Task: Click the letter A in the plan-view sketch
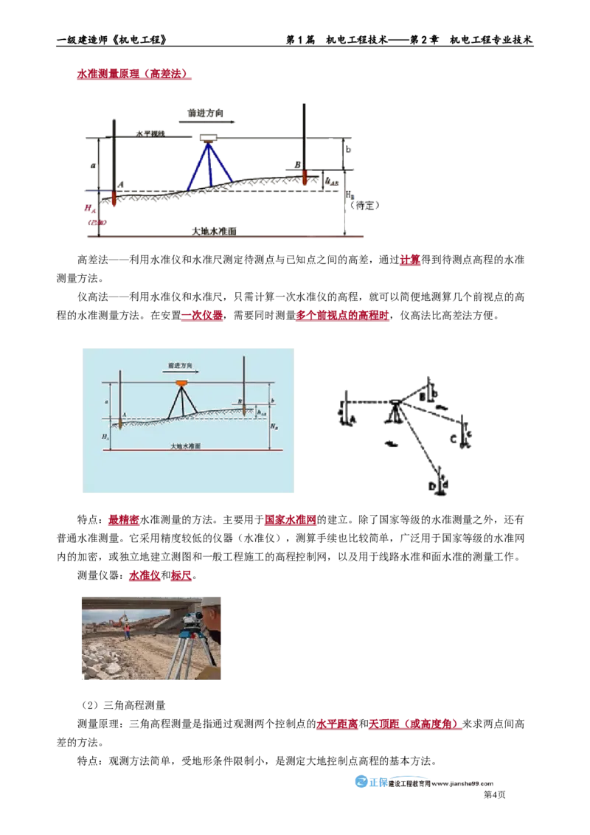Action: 351,418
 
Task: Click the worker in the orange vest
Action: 128,631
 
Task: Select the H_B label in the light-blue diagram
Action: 274,426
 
